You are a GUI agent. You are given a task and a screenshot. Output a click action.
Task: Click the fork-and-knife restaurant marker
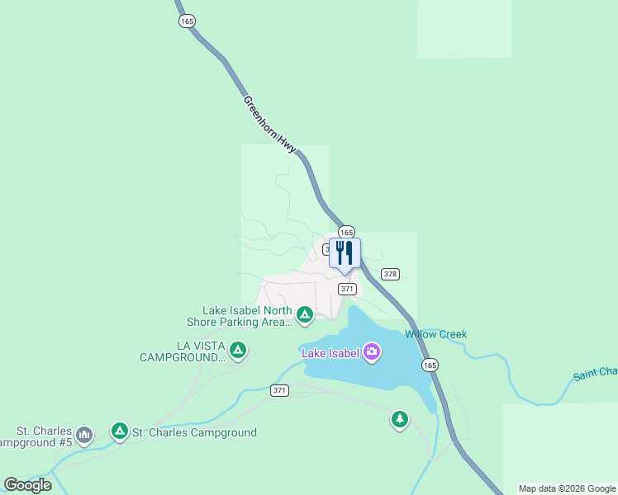click(345, 253)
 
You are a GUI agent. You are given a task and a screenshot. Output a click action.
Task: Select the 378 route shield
click(391, 274)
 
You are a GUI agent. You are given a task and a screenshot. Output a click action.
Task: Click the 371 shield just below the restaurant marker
click(347, 289)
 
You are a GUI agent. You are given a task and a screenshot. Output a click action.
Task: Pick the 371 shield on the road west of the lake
click(279, 390)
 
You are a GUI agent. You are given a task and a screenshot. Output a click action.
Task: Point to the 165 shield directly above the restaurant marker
click(346, 232)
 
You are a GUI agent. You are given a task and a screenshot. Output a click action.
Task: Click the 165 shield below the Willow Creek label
click(429, 365)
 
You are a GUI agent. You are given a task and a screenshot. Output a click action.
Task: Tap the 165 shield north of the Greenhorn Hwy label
click(187, 21)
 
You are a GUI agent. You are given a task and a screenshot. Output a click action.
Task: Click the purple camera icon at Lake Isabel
click(372, 353)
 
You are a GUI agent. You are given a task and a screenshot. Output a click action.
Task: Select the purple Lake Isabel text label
click(330, 354)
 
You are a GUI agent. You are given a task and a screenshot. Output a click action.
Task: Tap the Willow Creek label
click(435, 334)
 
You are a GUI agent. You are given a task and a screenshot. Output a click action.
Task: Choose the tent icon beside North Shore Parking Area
click(305, 314)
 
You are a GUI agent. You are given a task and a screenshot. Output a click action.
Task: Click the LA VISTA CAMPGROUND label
click(182, 351)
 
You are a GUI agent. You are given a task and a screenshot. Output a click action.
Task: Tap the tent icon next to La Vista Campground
click(238, 351)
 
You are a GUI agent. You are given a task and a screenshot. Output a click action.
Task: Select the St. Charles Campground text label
click(194, 432)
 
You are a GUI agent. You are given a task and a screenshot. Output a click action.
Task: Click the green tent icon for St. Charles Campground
click(120, 431)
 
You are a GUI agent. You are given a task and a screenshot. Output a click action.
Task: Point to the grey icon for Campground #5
click(83, 434)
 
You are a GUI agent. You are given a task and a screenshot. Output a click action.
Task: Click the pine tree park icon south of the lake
click(400, 420)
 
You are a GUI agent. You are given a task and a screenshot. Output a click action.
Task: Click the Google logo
click(28, 485)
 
